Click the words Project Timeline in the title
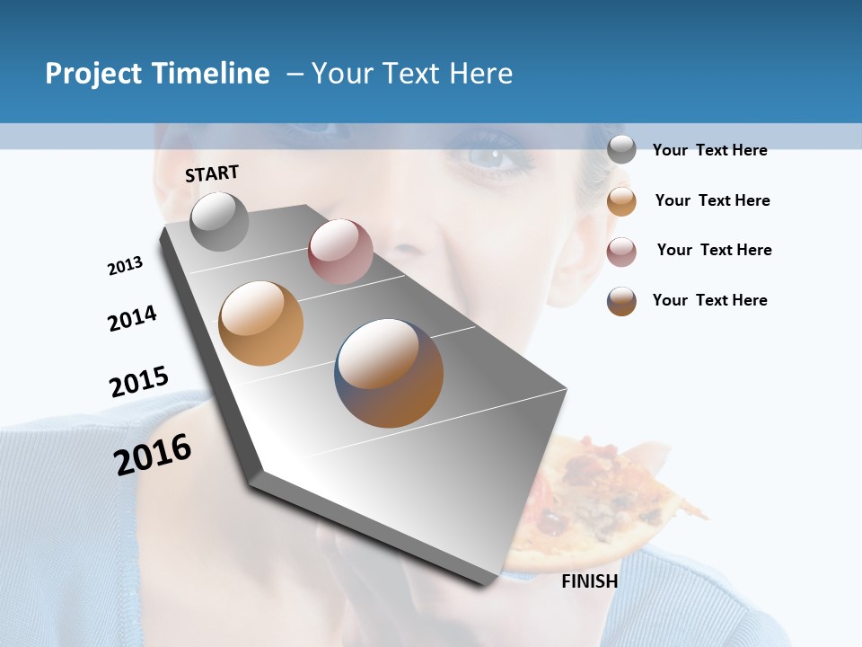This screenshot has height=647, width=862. coord(157,74)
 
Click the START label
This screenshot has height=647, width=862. coord(212,173)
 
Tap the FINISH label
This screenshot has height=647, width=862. coord(589,581)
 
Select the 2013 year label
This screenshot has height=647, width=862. coord(125,266)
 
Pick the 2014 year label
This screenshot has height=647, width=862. coord(132,319)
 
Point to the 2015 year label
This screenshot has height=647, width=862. coord(139,381)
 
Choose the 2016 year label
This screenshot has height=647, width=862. coord(153,455)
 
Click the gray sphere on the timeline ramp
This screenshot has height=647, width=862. coord(219,221)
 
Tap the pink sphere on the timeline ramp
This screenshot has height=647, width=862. coord(340,252)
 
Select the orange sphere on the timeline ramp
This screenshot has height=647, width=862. coord(260,323)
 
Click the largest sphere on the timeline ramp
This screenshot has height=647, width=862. coord(389,372)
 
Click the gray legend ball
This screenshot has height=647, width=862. coord(621,149)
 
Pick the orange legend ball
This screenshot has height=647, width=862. coord(621,200)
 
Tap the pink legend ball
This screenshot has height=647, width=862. coord(621,251)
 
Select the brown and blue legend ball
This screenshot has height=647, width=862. coord(621,300)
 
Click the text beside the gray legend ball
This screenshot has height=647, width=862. coord(709,150)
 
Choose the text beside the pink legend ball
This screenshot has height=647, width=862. coord(714,250)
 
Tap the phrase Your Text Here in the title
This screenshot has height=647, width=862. coord(411,74)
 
